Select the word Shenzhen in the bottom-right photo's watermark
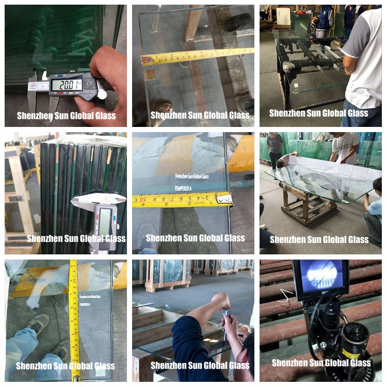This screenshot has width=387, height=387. click(291, 363)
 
